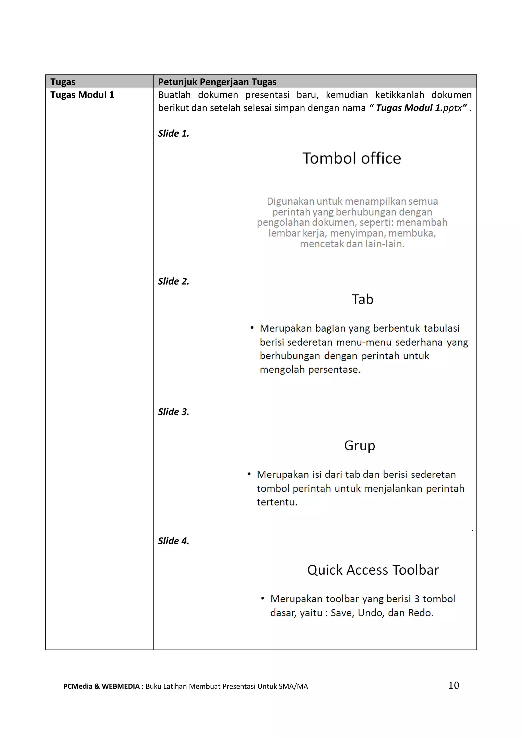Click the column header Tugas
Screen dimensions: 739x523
[63, 82]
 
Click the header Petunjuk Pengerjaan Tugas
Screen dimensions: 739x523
[217, 82]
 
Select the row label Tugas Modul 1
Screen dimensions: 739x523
[82, 95]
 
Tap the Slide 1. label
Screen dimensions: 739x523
[173, 133]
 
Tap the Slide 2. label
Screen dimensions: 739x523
[173, 281]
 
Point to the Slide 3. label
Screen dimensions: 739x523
[173, 412]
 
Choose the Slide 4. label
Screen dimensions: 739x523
[173, 541]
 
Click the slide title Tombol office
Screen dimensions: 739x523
[352, 158]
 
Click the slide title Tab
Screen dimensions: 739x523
[362, 300]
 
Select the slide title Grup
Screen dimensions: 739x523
[359, 445]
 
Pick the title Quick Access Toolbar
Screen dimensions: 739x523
[373, 570]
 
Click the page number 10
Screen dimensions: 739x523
[454, 685]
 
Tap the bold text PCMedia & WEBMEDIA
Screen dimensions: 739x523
[101, 686]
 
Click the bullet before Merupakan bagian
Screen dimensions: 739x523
[252, 328]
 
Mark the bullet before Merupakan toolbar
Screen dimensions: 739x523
[263, 598]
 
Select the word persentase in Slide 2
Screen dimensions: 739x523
[334, 369]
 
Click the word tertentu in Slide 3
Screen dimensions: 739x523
[277, 502]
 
